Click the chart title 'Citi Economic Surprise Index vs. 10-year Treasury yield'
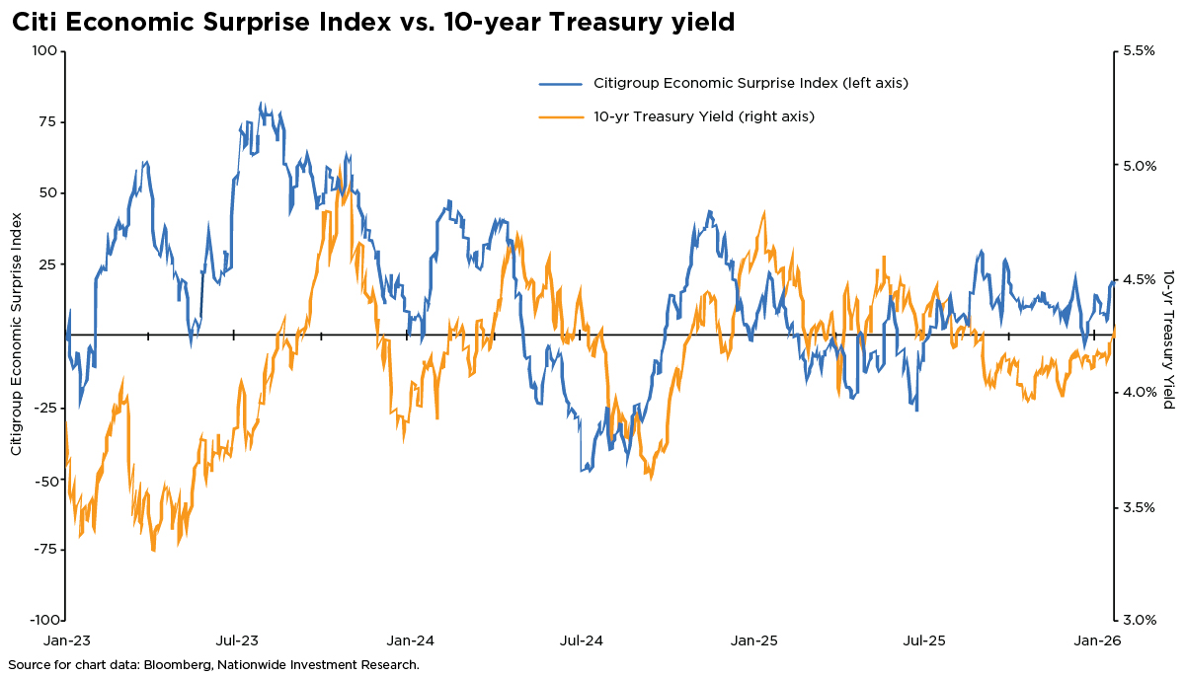pyautogui.click(x=373, y=22)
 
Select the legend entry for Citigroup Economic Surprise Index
pyautogui.click(x=750, y=83)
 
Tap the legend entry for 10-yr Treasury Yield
pyautogui.click(x=703, y=116)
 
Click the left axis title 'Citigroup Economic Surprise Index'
pyautogui.click(x=17, y=336)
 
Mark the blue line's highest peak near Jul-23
pyautogui.click(x=261, y=103)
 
